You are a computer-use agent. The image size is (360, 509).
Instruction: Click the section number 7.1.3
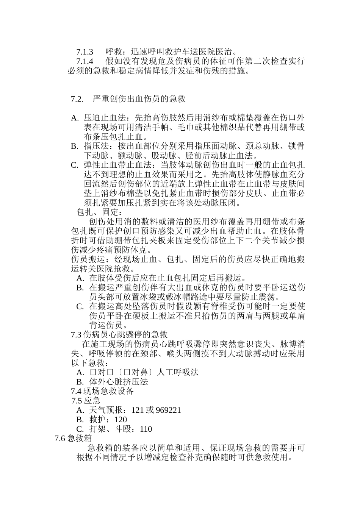85,52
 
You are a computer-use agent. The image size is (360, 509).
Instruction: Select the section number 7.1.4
85,61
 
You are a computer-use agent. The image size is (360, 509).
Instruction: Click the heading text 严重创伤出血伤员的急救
139,99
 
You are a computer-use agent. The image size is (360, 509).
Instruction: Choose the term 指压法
96,146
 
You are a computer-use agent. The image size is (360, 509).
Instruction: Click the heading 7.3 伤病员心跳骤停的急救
119,334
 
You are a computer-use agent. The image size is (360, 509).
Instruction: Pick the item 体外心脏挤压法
119,382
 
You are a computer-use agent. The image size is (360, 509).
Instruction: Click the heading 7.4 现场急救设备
102,391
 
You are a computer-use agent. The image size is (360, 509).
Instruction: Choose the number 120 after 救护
121,420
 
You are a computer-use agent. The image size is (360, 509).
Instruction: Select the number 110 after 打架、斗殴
146,429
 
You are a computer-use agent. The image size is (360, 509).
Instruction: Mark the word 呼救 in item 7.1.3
113,52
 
